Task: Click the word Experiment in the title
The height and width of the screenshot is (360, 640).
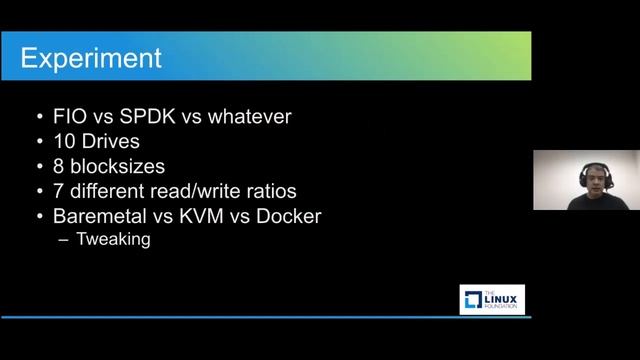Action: pyautogui.click(x=92, y=57)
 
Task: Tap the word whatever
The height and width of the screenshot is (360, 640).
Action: pyautogui.click(x=249, y=117)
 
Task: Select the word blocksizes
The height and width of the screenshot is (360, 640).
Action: pyautogui.click(x=130, y=167)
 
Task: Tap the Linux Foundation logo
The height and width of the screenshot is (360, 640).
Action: pyautogui.click(x=492, y=299)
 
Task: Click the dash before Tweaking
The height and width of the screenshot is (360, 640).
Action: pyautogui.click(x=66, y=239)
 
